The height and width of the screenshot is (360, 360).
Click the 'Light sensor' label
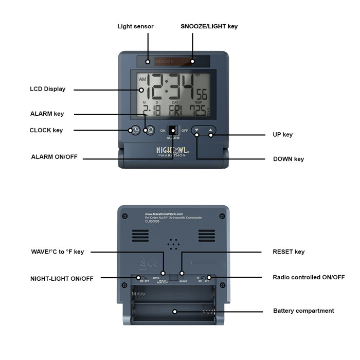(135, 26)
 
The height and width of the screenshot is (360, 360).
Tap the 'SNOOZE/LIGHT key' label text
(209, 26)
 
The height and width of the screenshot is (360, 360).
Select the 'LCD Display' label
(47, 89)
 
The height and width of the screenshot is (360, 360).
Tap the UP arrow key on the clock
(211, 131)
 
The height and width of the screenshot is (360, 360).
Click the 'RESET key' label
(289, 251)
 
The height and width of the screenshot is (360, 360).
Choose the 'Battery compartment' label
(303, 311)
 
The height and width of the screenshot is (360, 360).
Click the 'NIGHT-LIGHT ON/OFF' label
(62, 278)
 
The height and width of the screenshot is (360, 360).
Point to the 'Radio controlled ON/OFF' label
(309, 277)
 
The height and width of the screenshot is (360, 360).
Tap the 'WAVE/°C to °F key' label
(57, 251)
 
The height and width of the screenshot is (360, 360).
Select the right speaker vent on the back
(206, 236)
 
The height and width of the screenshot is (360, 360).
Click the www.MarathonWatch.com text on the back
(164, 214)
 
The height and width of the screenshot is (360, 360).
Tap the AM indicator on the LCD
(142, 80)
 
